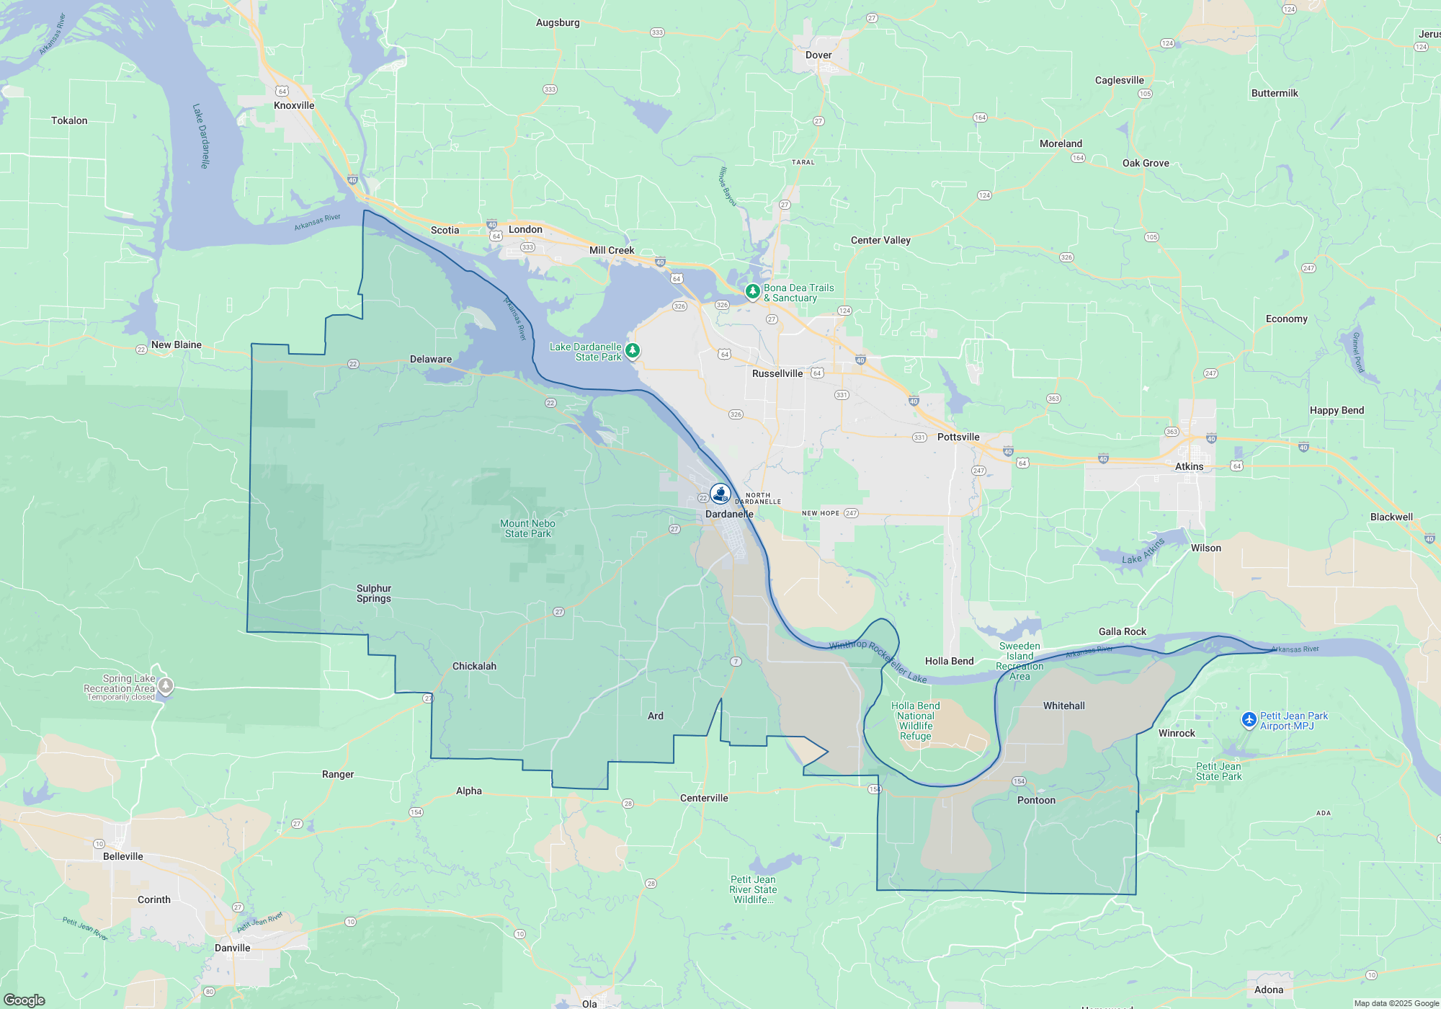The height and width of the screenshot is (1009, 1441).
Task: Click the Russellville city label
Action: (777, 373)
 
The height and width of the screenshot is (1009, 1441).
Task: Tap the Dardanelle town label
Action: (729, 514)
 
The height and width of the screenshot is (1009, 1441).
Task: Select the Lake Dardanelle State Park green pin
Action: (632, 351)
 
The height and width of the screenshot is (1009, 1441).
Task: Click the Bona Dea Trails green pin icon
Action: (752, 291)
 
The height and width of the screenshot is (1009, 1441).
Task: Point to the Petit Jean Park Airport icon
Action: (1249, 720)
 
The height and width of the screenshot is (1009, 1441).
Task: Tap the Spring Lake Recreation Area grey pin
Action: (165, 685)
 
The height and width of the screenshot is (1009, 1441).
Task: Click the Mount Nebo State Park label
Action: (527, 528)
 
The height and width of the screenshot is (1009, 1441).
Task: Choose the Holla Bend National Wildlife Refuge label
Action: (915, 721)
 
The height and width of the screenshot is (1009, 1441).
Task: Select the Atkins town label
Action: (1189, 466)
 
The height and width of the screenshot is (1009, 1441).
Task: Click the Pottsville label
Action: (958, 437)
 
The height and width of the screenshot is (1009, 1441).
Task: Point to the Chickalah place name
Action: (474, 666)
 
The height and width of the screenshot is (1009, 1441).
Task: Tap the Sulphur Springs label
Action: (374, 593)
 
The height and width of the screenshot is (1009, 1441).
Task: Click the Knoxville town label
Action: (294, 105)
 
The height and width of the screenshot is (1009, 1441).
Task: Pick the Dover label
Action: (818, 55)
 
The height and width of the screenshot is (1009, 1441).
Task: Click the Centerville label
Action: (704, 798)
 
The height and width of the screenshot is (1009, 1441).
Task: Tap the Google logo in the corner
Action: (24, 1000)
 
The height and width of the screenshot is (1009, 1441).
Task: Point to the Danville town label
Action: (232, 948)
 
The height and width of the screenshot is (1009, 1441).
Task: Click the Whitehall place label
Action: (1063, 706)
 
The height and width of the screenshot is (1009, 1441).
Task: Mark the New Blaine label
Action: (176, 345)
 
